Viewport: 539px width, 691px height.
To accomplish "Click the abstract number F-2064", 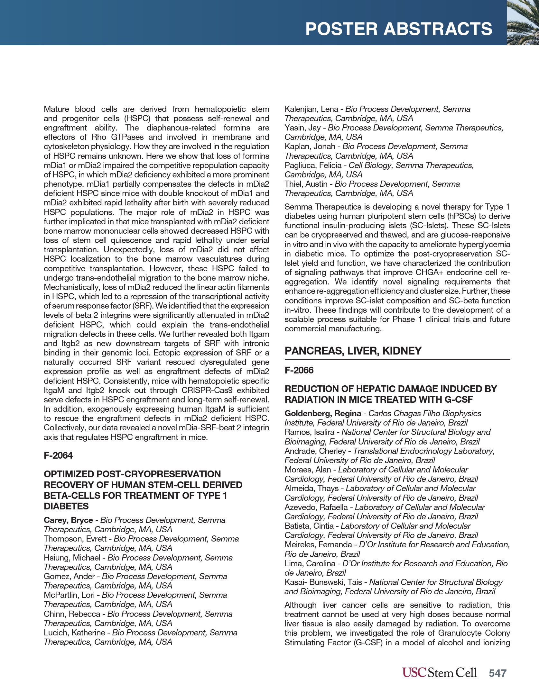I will point(58,455).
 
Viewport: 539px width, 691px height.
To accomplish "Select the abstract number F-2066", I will point(299,370).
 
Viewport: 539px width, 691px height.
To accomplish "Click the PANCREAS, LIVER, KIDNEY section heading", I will point(353,351).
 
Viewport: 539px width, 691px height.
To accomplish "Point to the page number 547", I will point(497,673).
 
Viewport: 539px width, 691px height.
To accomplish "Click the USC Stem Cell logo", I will point(439,672).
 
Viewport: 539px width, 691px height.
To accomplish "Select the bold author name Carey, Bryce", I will point(68,520).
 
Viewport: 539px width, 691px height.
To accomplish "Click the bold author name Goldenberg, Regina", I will point(323,413).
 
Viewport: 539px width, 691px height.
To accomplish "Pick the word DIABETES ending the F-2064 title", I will point(66,506).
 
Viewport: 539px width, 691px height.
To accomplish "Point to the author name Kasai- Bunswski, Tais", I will point(323,582).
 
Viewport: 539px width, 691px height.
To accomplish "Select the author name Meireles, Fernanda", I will point(318,544).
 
